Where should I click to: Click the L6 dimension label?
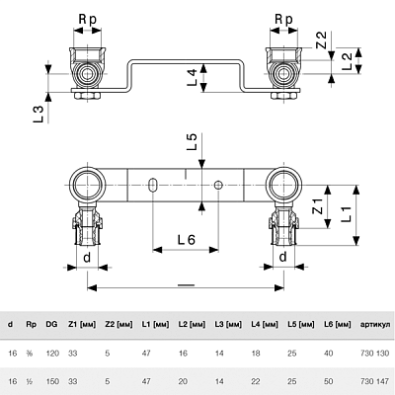187,240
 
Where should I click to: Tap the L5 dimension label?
192,141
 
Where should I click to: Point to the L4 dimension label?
192,78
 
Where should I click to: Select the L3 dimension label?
39,115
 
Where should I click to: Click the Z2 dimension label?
321,39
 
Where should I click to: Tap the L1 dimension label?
347,213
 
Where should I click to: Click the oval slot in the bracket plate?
153,185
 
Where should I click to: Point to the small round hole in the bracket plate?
218,186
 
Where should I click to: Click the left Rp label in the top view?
88,20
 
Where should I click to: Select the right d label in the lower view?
282,257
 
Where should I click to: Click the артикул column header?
375,325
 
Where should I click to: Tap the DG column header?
51,324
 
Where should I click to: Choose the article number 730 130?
375,354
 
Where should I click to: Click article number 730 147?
375,381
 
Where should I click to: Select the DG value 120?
52,354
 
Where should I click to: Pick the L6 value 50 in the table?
329,381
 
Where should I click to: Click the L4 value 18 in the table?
256,354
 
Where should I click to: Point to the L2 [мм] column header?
192,325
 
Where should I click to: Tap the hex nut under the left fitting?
87,97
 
